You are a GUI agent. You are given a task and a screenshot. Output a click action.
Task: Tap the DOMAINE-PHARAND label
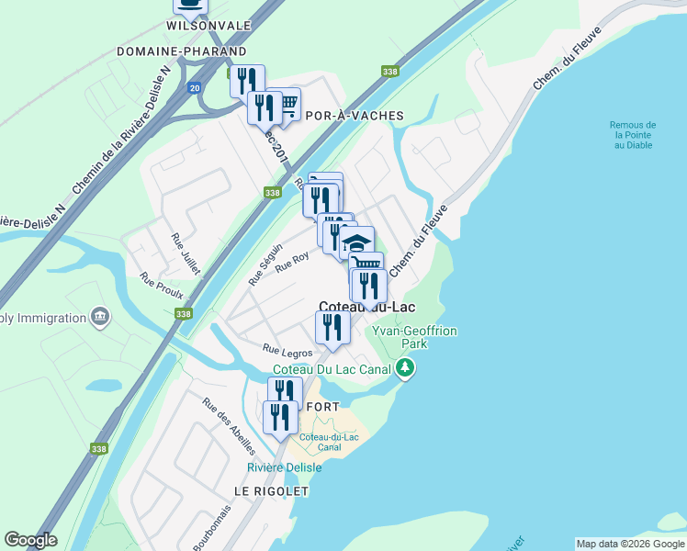coord(182,51)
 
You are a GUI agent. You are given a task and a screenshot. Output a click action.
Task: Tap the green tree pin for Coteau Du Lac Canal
coord(405,369)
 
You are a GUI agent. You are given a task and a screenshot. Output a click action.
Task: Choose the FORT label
coord(323,407)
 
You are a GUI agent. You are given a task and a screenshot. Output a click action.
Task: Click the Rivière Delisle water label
coord(285,467)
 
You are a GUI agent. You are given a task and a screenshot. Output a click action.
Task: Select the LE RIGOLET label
coord(271,491)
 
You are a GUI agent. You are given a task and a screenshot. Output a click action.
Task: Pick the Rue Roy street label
coord(292,262)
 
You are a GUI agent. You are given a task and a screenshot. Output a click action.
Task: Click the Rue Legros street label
coord(287,350)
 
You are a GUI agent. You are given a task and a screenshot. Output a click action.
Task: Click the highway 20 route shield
coord(194,88)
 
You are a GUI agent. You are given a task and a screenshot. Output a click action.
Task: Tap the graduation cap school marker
coord(356,243)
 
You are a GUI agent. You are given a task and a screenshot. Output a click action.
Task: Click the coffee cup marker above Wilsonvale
coord(190,5)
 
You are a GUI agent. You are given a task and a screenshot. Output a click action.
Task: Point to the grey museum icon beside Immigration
coord(100,318)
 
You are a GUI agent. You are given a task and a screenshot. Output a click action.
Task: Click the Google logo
coord(30,540)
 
